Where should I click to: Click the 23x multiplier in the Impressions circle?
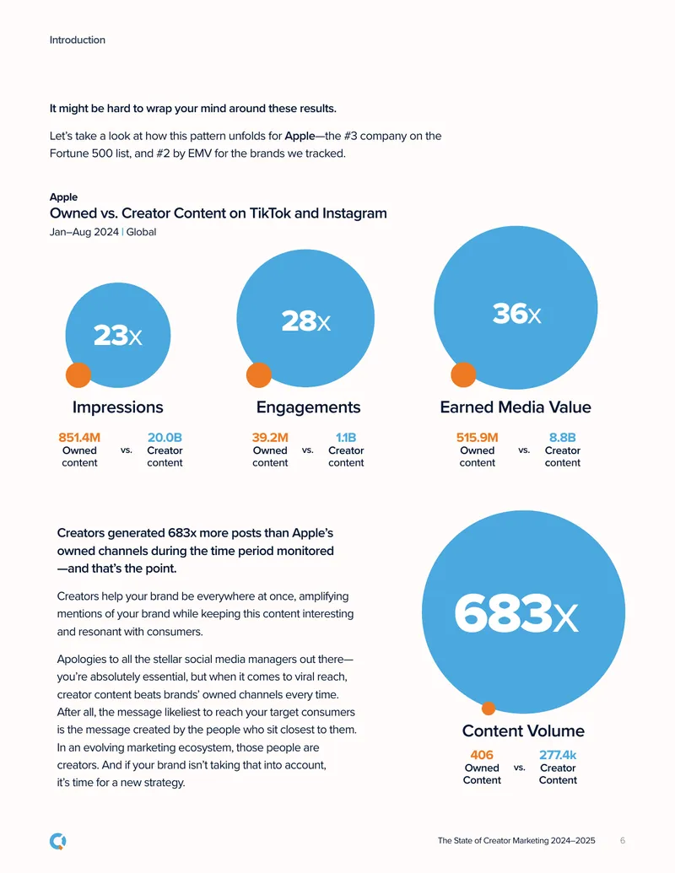117,336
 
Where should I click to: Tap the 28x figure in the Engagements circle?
305,321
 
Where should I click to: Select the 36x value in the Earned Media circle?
516,314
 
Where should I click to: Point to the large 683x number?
516,613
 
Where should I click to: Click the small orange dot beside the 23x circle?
78,375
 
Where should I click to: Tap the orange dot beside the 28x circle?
259,375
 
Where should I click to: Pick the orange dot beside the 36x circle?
463,375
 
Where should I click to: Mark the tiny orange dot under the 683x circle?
489,709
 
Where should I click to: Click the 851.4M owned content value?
79,438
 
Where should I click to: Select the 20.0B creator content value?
165,438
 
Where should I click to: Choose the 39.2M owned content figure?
270,438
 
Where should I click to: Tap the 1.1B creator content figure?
346,438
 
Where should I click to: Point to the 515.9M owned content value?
478,438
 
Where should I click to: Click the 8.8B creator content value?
563,438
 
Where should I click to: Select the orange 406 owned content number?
482,755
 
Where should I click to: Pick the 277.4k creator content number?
558,755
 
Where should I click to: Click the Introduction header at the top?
78,40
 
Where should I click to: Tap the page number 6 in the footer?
623,841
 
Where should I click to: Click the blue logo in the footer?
58,841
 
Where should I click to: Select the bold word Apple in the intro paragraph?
300,136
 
